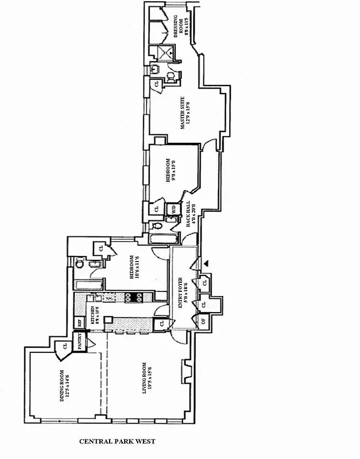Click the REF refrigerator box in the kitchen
[80, 322]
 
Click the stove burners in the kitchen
[135, 297]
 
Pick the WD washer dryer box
[173, 209]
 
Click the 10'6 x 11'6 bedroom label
[134, 267]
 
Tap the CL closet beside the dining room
[60, 347]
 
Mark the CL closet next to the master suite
[155, 85]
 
